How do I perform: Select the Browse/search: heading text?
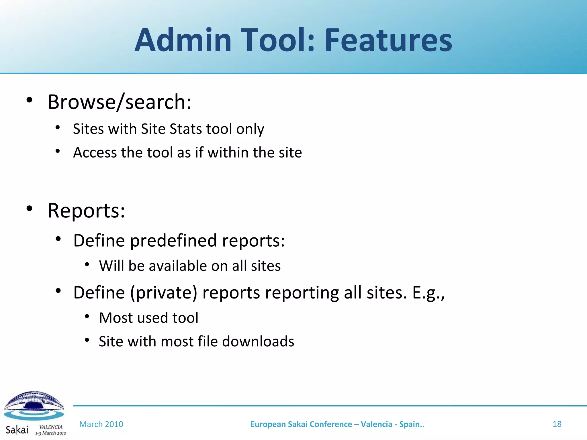(x=119, y=102)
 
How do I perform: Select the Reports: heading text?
(x=86, y=211)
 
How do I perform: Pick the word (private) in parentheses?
(x=164, y=293)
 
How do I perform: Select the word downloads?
(x=258, y=341)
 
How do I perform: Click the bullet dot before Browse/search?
(x=29, y=100)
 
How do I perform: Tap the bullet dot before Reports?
(x=29, y=209)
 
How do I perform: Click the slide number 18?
(x=557, y=424)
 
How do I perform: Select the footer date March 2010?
(x=101, y=424)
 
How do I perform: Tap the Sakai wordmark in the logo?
(x=17, y=430)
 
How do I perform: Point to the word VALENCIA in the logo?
(x=51, y=427)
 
